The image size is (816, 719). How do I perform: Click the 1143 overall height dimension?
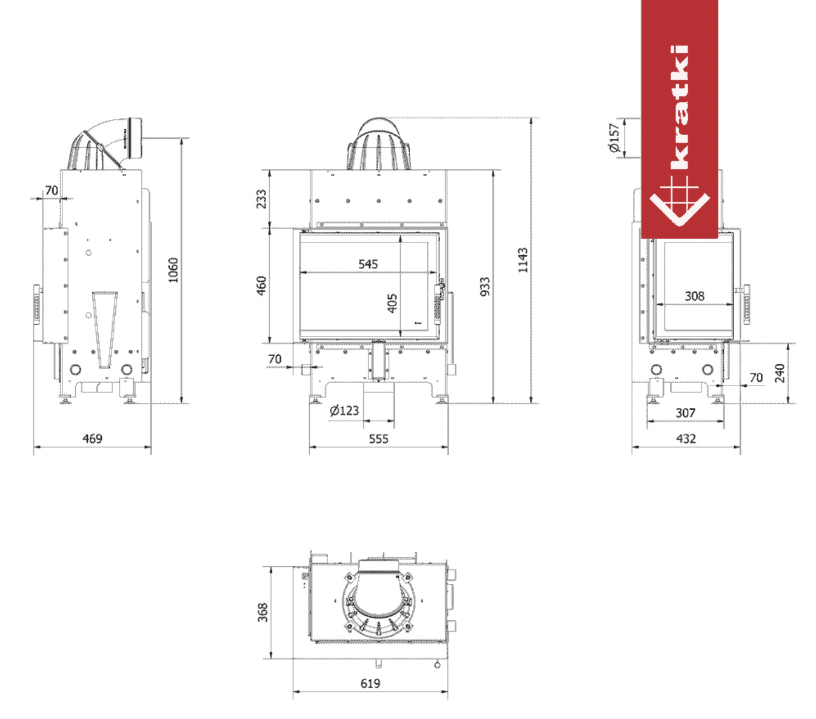523,260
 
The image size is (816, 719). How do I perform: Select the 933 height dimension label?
485,286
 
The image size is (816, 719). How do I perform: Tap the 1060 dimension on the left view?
173,270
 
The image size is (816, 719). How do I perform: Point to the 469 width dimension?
92,438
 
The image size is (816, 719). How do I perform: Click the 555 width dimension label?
379,439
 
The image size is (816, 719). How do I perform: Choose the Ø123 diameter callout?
344,410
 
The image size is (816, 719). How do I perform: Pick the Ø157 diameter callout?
614,138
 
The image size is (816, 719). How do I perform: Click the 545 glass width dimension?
368,264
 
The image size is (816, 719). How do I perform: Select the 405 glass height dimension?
392,303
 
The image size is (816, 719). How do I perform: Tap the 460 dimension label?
261,286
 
